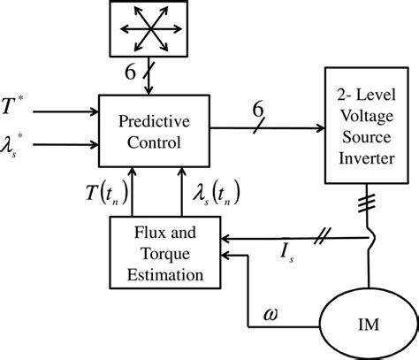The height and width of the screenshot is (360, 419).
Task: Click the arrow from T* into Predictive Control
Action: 71,112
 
